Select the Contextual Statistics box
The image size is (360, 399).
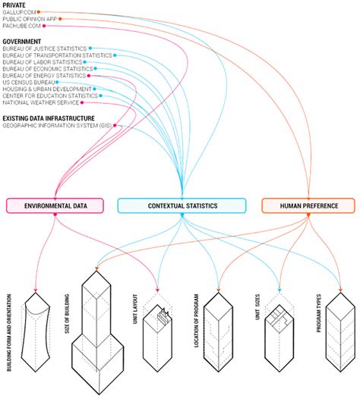[x=182, y=206]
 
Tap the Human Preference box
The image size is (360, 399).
[x=308, y=206]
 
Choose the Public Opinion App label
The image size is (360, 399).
[x=29, y=19]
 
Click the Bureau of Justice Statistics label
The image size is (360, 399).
[x=44, y=49]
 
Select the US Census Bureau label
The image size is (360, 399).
[x=29, y=83]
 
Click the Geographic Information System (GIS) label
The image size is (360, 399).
[x=56, y=125]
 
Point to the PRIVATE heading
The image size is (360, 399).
[x=14, y=5]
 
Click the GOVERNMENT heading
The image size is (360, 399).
[x=21, y=40]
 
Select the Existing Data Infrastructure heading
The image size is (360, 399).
[x=48, y=118]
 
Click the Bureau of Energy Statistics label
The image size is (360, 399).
[x=43, y=76]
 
